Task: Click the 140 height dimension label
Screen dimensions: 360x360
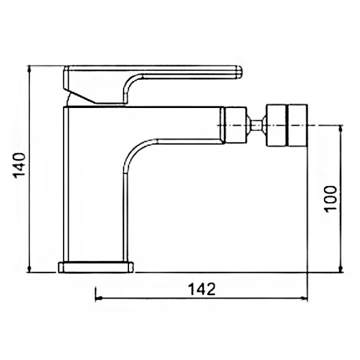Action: pos(19,165)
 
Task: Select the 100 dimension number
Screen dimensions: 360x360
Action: pos(330,199)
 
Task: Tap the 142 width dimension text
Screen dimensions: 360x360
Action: pos(202,289)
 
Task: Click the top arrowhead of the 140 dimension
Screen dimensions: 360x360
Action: pos(29,69)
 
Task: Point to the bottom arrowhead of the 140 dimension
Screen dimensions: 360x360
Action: pos(29,269)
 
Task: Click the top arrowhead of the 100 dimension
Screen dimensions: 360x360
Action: pos(341,128)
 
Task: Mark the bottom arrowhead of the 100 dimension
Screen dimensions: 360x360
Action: pos(341,269)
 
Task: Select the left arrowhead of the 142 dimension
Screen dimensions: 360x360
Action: pos(99,298)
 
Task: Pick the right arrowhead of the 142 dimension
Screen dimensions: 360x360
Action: pos(304,298)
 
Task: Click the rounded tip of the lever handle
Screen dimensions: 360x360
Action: pos(239,72)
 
